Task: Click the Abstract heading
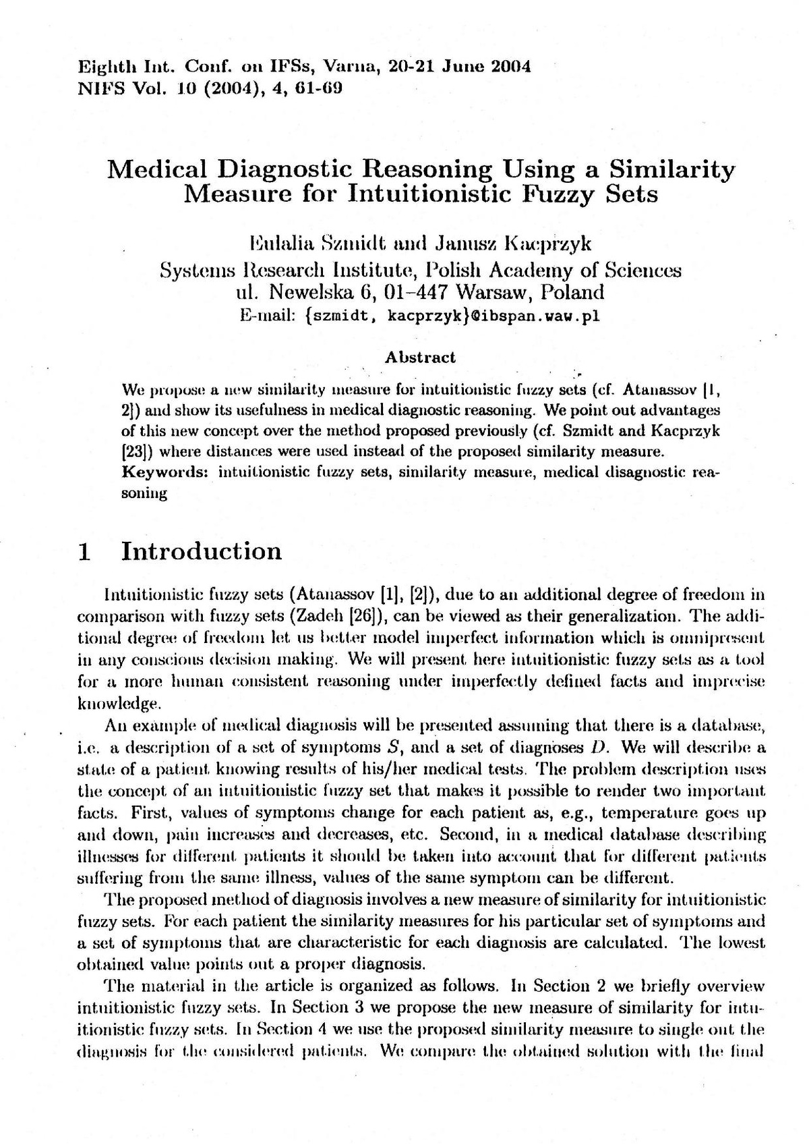[x=420, y=358]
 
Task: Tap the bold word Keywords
[x=164, y=472]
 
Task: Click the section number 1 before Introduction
[x=84, y=551]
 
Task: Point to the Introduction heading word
[x=201, y=551]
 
